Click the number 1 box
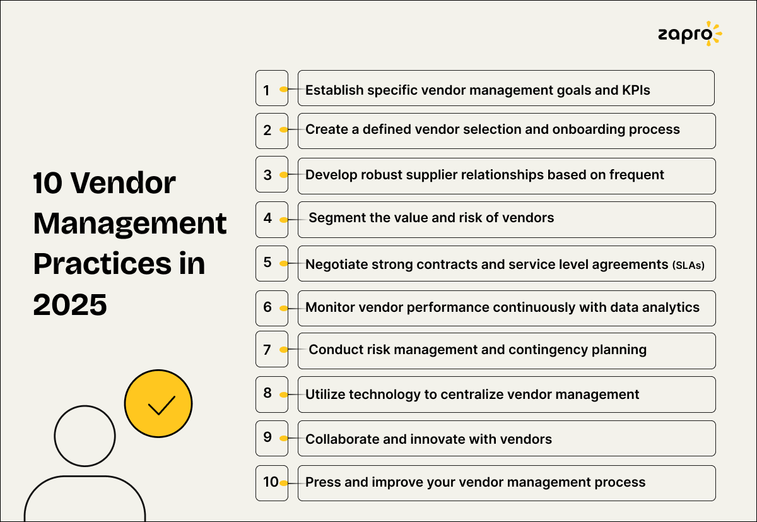pos(271,88)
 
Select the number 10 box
pos(271,483)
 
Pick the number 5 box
pos(271,263)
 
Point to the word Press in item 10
pos(323,483)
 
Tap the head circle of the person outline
pos(85,436)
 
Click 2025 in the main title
pos(71,304)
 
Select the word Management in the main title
pos(129,223)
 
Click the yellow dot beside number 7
pos(284,349)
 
